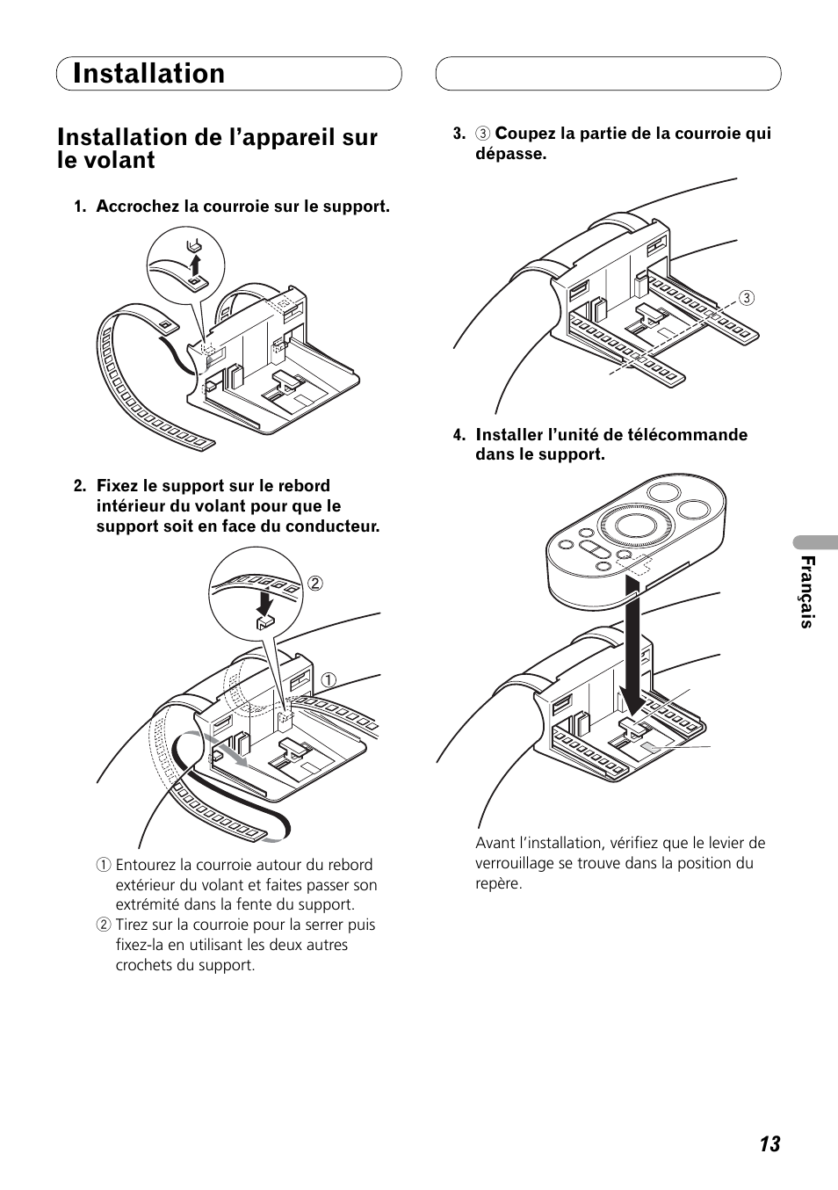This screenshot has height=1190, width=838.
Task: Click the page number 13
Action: pos(769,1143)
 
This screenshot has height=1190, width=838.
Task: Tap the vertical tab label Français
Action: pos(808,592)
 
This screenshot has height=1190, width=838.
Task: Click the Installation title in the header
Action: pos(149,74)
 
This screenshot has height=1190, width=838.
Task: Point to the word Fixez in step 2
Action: pos(115,486)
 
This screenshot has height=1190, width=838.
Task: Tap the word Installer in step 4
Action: pos(511,435)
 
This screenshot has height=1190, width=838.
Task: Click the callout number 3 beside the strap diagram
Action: pos(746,297)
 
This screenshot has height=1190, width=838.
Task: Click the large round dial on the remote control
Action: pos(635,525)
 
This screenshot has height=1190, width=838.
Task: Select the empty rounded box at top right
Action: pos(608,74)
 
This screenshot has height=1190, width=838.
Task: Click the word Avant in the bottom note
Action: pos(496,843)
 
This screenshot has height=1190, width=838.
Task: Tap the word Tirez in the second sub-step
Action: pos(134,925)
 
